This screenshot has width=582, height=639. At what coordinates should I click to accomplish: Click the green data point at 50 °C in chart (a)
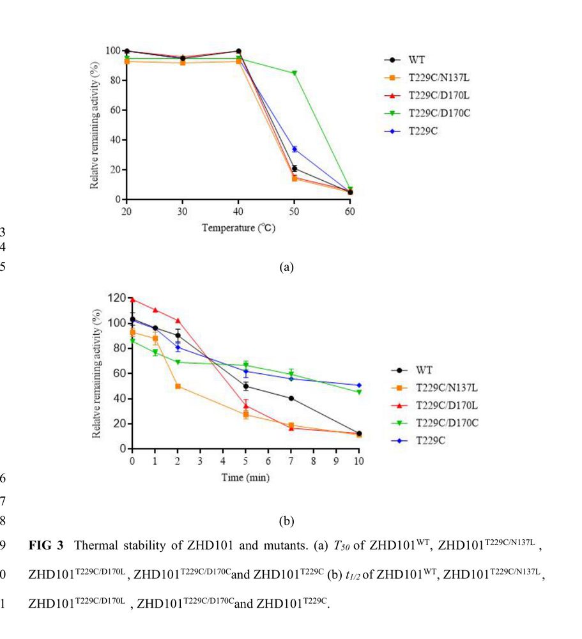[295, 73]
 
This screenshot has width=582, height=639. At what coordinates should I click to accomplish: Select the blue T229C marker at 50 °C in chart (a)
[295, 149]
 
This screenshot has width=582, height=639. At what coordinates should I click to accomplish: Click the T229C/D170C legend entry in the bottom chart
[440, 422]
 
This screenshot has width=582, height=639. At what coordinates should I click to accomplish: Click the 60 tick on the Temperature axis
[350, 210]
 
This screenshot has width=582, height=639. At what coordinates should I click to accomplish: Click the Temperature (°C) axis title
[238, 228]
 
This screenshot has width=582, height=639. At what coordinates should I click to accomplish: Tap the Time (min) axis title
[245, 476]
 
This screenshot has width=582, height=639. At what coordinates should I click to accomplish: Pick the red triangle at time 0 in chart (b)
[132, 299]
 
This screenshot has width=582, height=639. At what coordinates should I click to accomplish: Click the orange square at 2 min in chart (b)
[178, 386]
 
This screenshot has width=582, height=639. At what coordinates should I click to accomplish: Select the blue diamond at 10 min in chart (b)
[359, 385]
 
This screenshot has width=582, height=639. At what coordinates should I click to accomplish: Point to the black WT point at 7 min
[291, 398]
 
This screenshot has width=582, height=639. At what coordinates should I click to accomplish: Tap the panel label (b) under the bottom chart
[286, 521]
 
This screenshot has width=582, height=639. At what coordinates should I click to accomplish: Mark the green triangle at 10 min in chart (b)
[359, 392]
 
